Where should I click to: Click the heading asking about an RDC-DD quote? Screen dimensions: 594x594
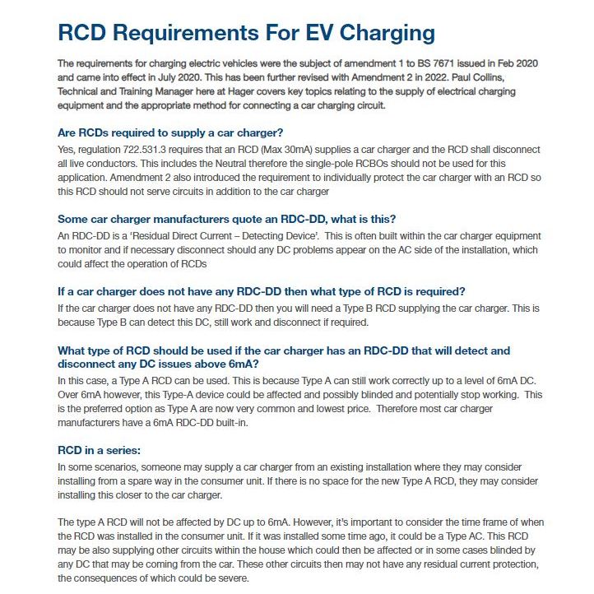(x=227, y=218)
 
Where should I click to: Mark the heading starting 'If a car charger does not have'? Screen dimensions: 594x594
(x=262, y=291)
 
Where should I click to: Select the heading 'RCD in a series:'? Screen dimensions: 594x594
(x=99, y=450)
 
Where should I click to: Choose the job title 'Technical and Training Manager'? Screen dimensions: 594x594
(x=135, y=91)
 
